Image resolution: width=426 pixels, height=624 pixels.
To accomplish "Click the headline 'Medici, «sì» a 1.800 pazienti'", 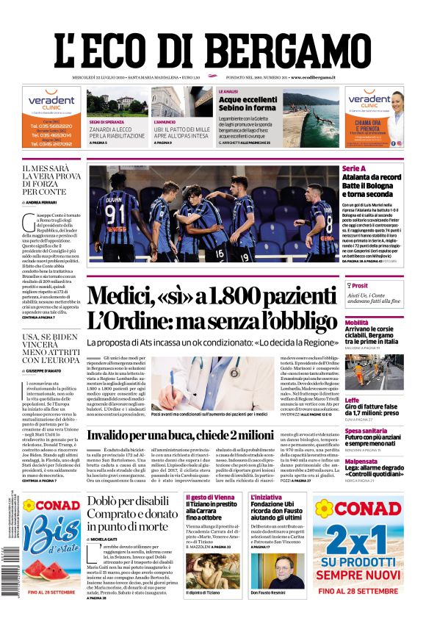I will (x=212, y=296).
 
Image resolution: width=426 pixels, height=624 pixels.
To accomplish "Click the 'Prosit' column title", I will (x=359, y=285).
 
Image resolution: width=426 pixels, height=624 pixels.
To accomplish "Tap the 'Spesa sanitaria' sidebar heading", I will (x=366, y=431).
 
